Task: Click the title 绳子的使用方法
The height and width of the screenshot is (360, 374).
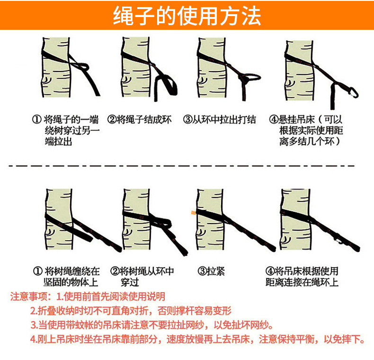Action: click(x=187, y=16)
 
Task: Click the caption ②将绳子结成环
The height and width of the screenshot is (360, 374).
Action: click(x=139, y=119)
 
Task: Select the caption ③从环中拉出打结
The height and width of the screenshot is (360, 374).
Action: click(x=220, y=119)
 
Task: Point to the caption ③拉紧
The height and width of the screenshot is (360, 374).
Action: click(x=211, y=271)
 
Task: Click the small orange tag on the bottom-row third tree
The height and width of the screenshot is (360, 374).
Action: click(x=193, y=212)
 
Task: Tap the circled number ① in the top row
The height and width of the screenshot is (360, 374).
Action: click(x=37, y=119)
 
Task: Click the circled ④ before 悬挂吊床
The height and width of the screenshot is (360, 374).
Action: click(x=274, y=119)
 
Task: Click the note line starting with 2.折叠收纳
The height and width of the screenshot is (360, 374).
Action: click(x=131, y=311)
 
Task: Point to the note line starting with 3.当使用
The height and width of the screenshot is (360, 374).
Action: click(x=152, y=324)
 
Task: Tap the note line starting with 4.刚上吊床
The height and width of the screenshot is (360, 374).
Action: click(x=197, y=339)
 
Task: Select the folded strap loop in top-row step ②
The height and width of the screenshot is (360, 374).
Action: click(x=166, y=88)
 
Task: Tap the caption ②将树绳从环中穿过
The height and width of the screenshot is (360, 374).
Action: click(x=142, y=277)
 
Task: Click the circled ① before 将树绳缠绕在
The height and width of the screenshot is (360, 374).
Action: click(x=37, y=271)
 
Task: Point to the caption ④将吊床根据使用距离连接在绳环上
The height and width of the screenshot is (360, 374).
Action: click(x=302, y=277)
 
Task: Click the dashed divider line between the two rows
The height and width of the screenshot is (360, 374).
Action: click(x=182, y=165)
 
